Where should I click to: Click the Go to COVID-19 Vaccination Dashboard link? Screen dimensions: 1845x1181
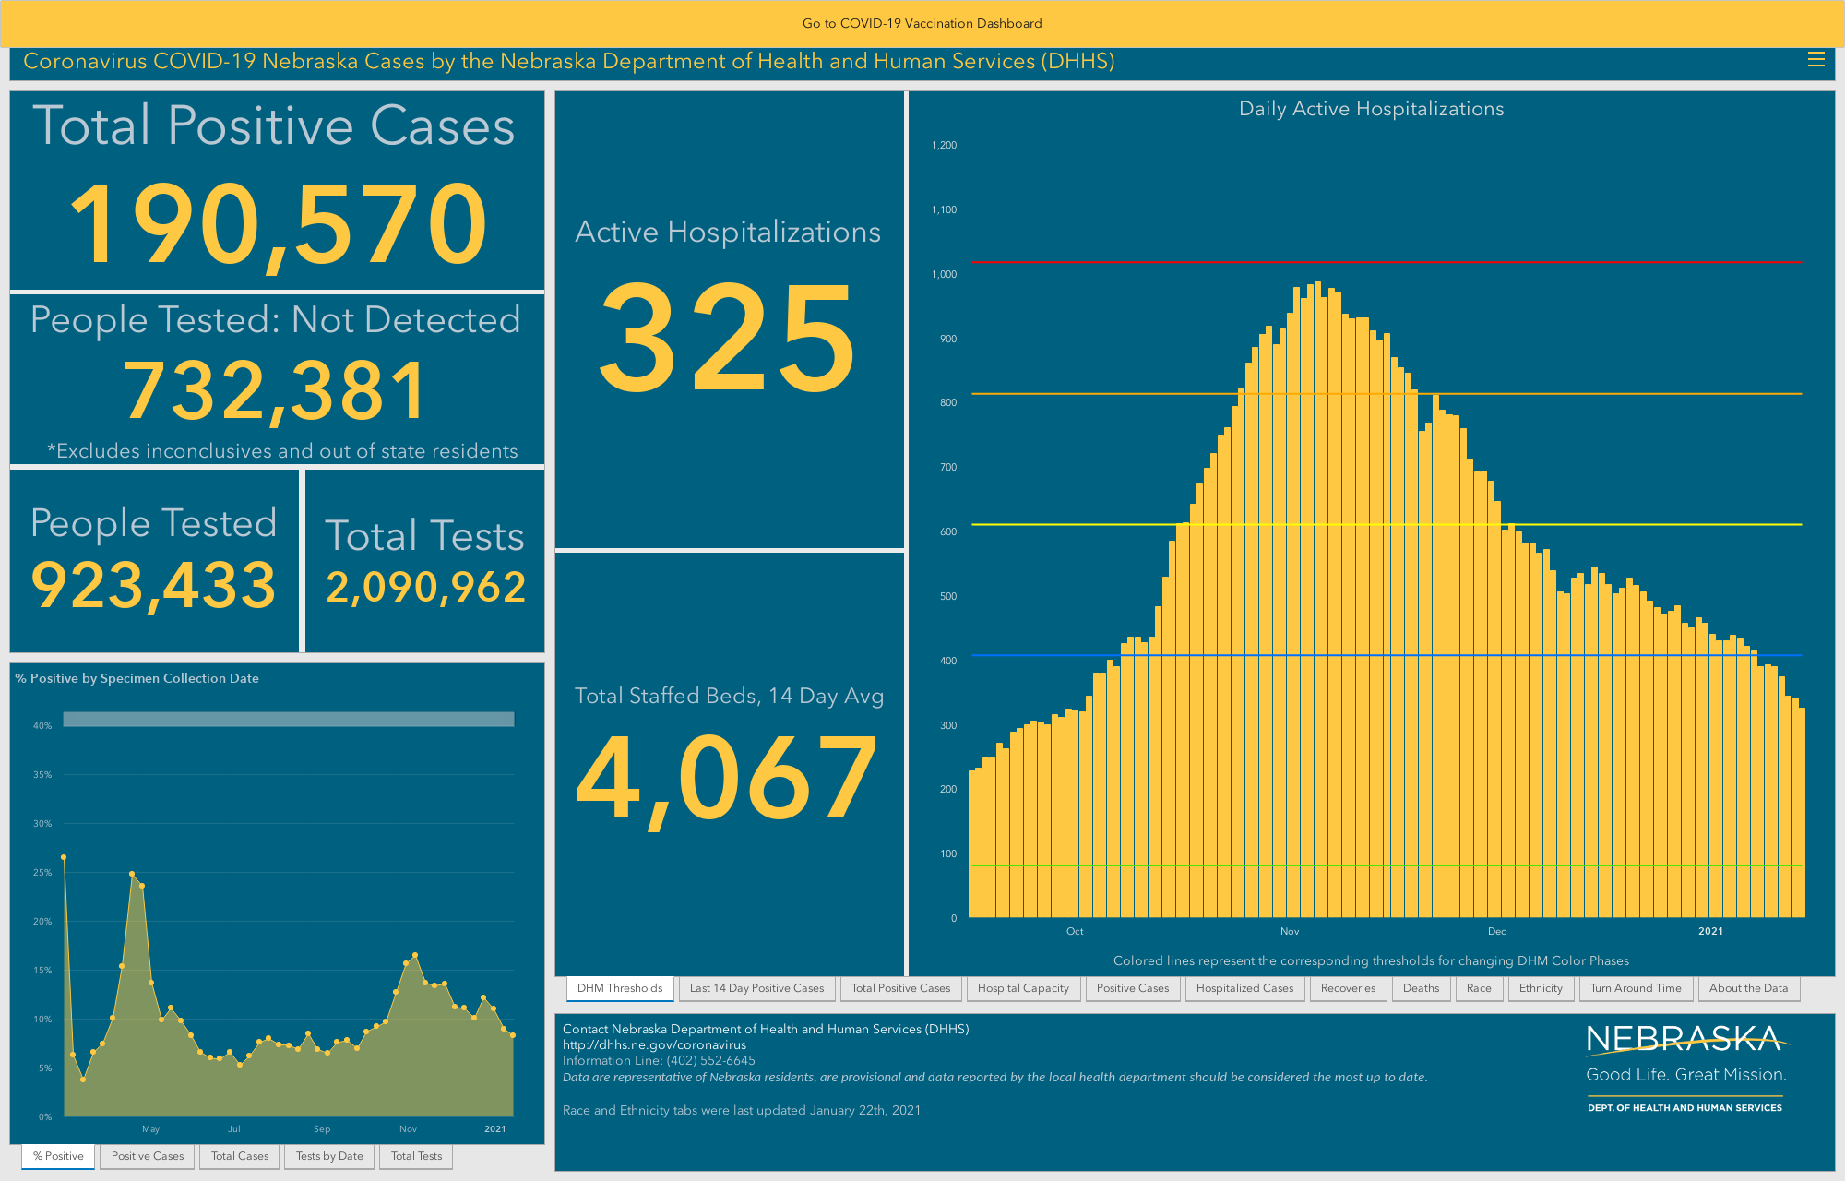click(922, 23)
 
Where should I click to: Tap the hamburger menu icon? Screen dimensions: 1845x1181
click(1815, 60)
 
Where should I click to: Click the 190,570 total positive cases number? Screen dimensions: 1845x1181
click(278, 224)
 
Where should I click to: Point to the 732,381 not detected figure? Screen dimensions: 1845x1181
click(275, 391)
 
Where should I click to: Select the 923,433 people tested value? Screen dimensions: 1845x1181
click(154, 586)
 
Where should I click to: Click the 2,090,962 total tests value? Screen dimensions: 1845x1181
click(426, 588)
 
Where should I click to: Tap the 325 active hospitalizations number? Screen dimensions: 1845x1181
click(728, 337)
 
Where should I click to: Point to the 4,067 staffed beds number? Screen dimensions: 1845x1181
click(727, 778)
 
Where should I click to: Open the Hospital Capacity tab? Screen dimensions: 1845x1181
click(1023, 988)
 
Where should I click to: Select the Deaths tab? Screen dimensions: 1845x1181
click(1421, 988)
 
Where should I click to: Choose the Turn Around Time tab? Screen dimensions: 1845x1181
click(1636, 988)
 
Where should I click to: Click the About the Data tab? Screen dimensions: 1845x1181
click(1748, 988)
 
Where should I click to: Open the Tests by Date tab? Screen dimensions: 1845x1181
click(329, 1156)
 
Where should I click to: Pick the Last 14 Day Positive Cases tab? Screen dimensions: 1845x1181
click(756, 988)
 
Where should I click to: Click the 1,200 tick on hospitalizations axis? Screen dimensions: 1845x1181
click(944, 145)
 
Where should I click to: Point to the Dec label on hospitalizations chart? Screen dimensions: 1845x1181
click(1496, 931)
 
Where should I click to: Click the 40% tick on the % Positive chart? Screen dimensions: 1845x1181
click(42, 726)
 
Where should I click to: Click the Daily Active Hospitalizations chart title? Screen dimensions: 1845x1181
click(1371, 109)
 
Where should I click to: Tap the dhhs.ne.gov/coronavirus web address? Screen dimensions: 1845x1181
click(655, 1044)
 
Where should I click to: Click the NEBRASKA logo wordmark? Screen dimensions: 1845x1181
click(1684, 1040)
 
